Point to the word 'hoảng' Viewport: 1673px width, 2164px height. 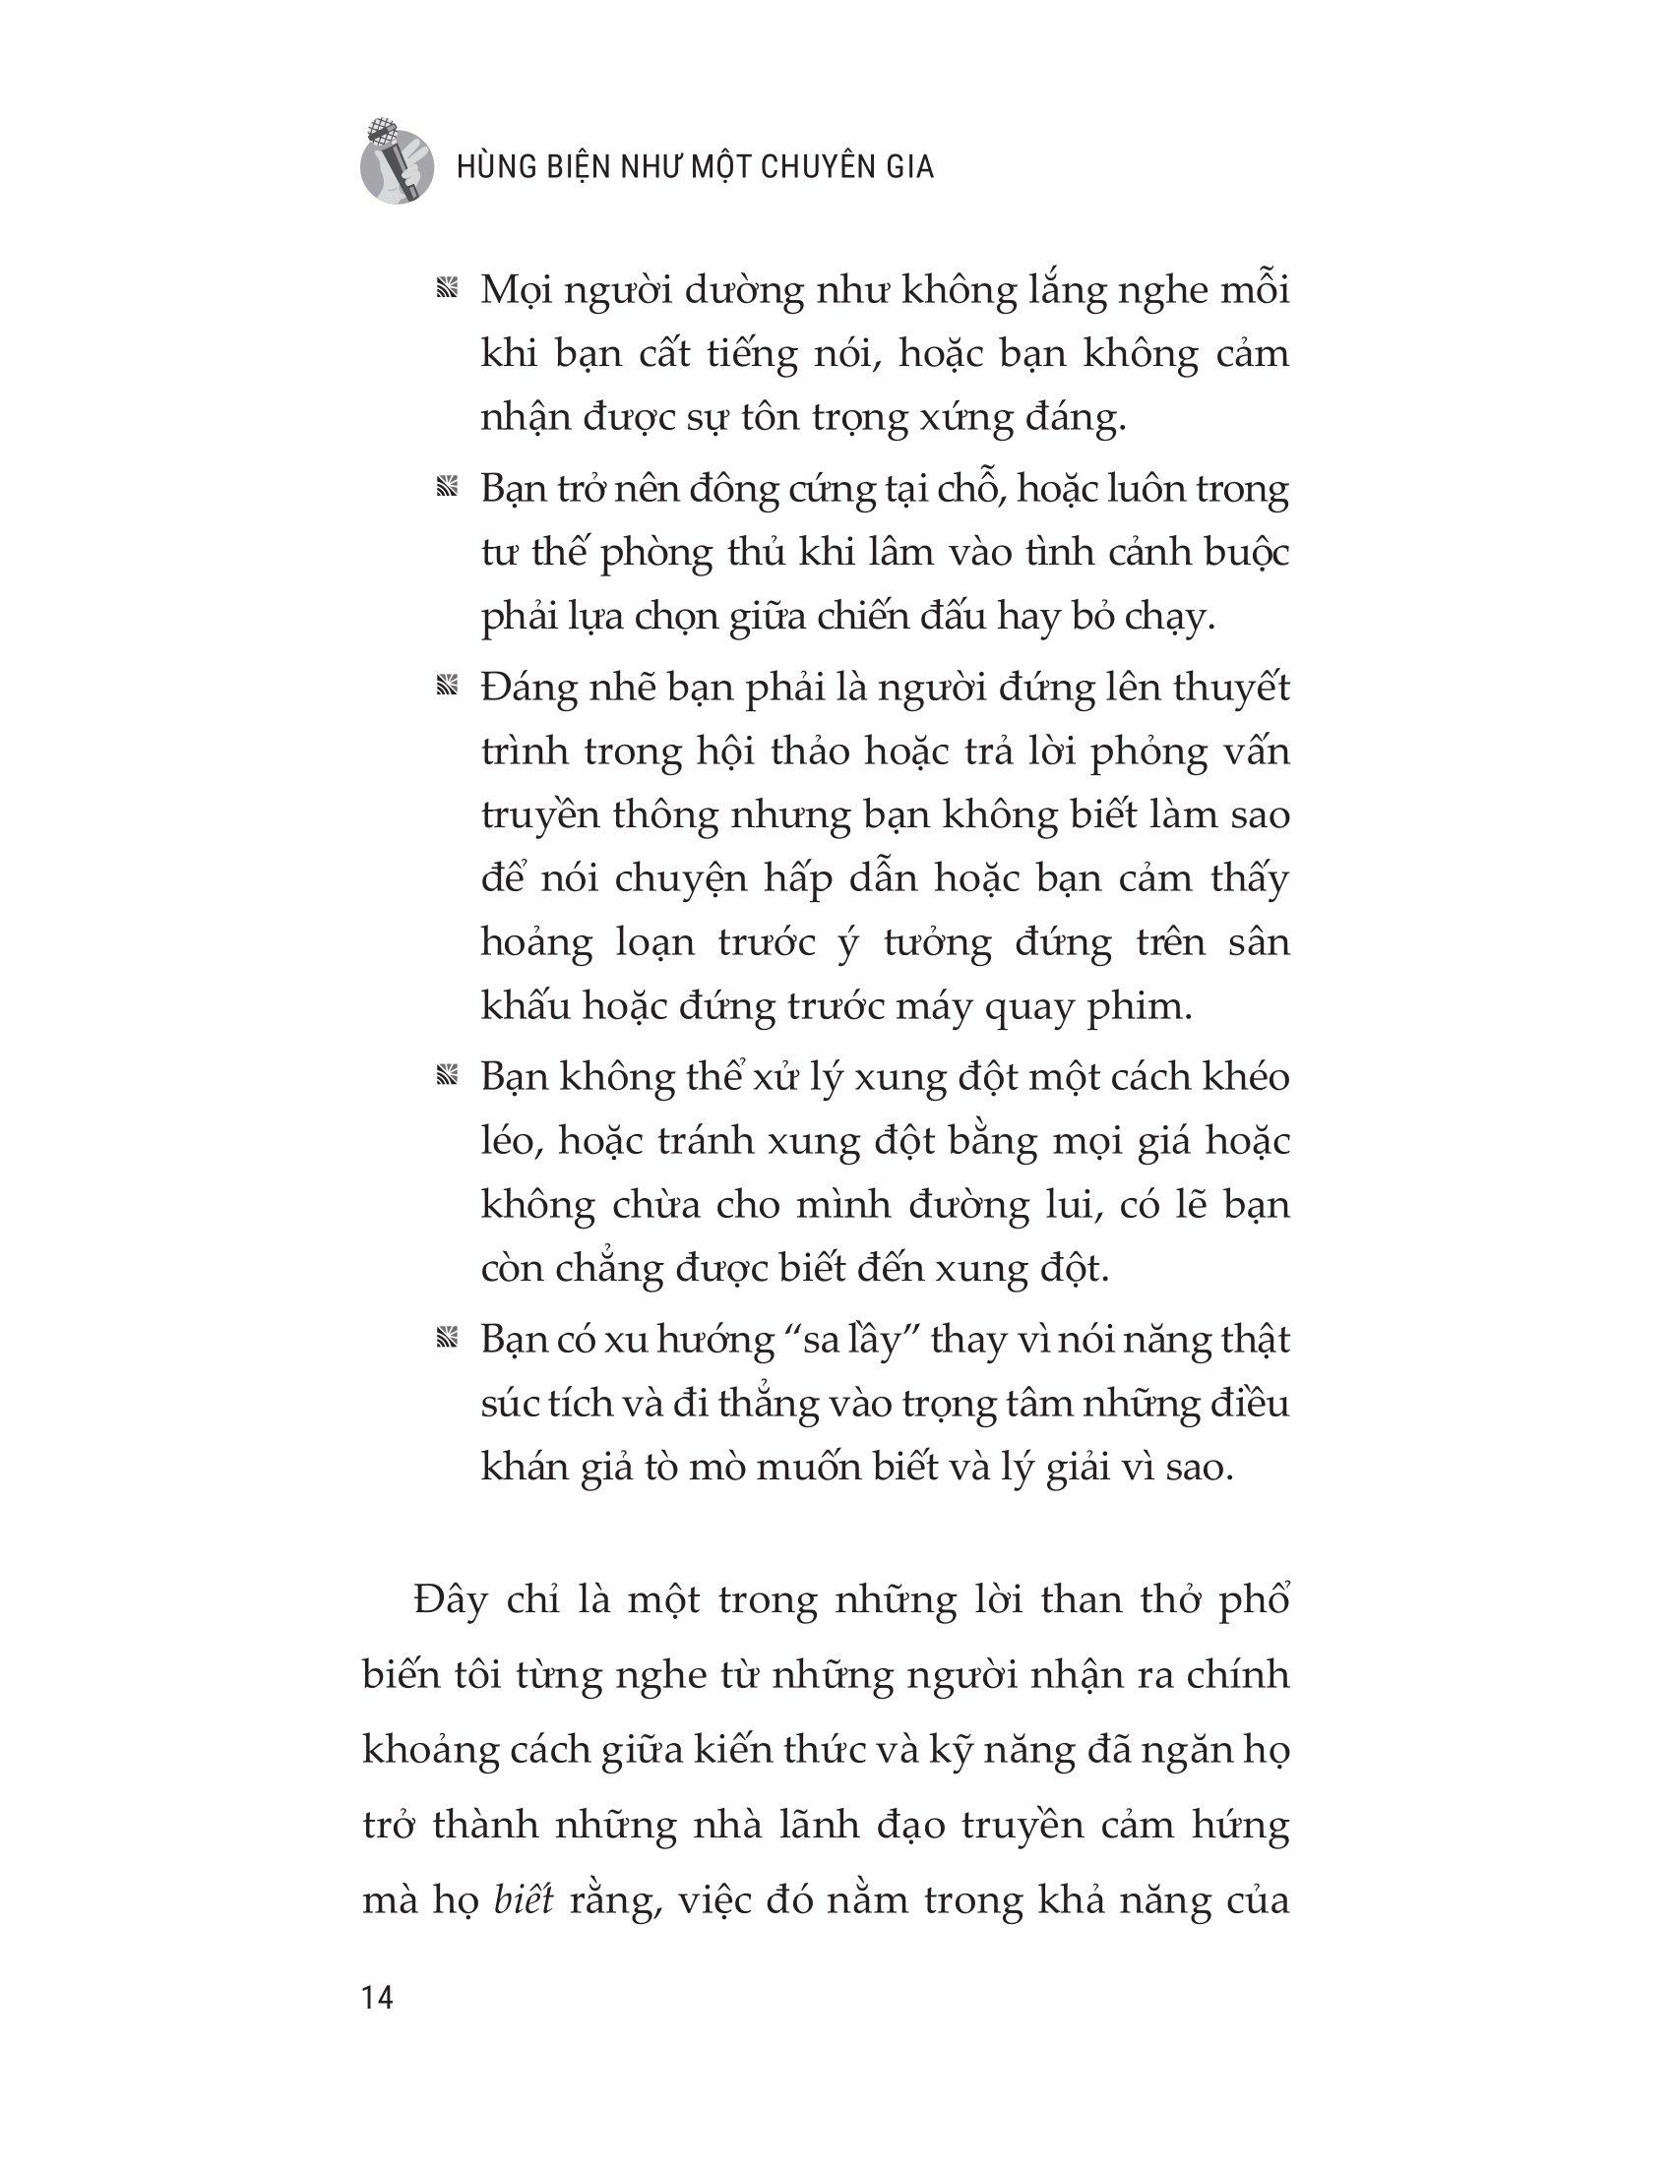[536, 942]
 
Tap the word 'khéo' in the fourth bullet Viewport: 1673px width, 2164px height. [1244, 1077]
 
